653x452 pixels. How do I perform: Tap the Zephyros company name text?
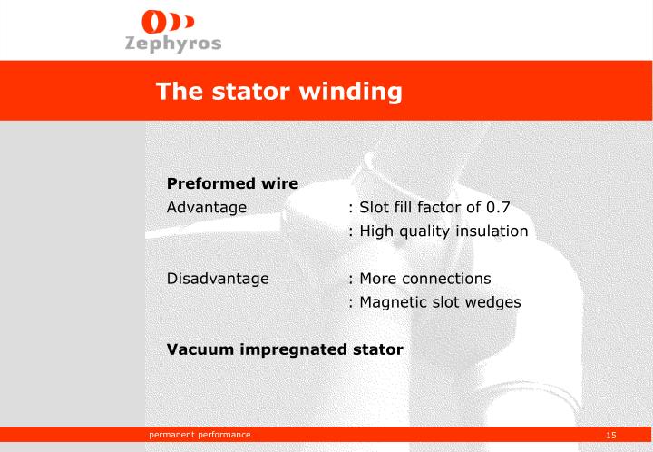point(172,45)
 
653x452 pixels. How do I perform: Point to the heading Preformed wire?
point(232,183)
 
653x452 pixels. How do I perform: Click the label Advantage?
point(207,207)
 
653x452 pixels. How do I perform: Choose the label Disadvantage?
point(218,278)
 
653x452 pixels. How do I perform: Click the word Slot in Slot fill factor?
point(375,207)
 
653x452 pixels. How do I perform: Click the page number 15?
point(611,437)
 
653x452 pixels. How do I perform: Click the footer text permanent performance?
point(200,436)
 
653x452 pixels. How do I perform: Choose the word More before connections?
point(379,278)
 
